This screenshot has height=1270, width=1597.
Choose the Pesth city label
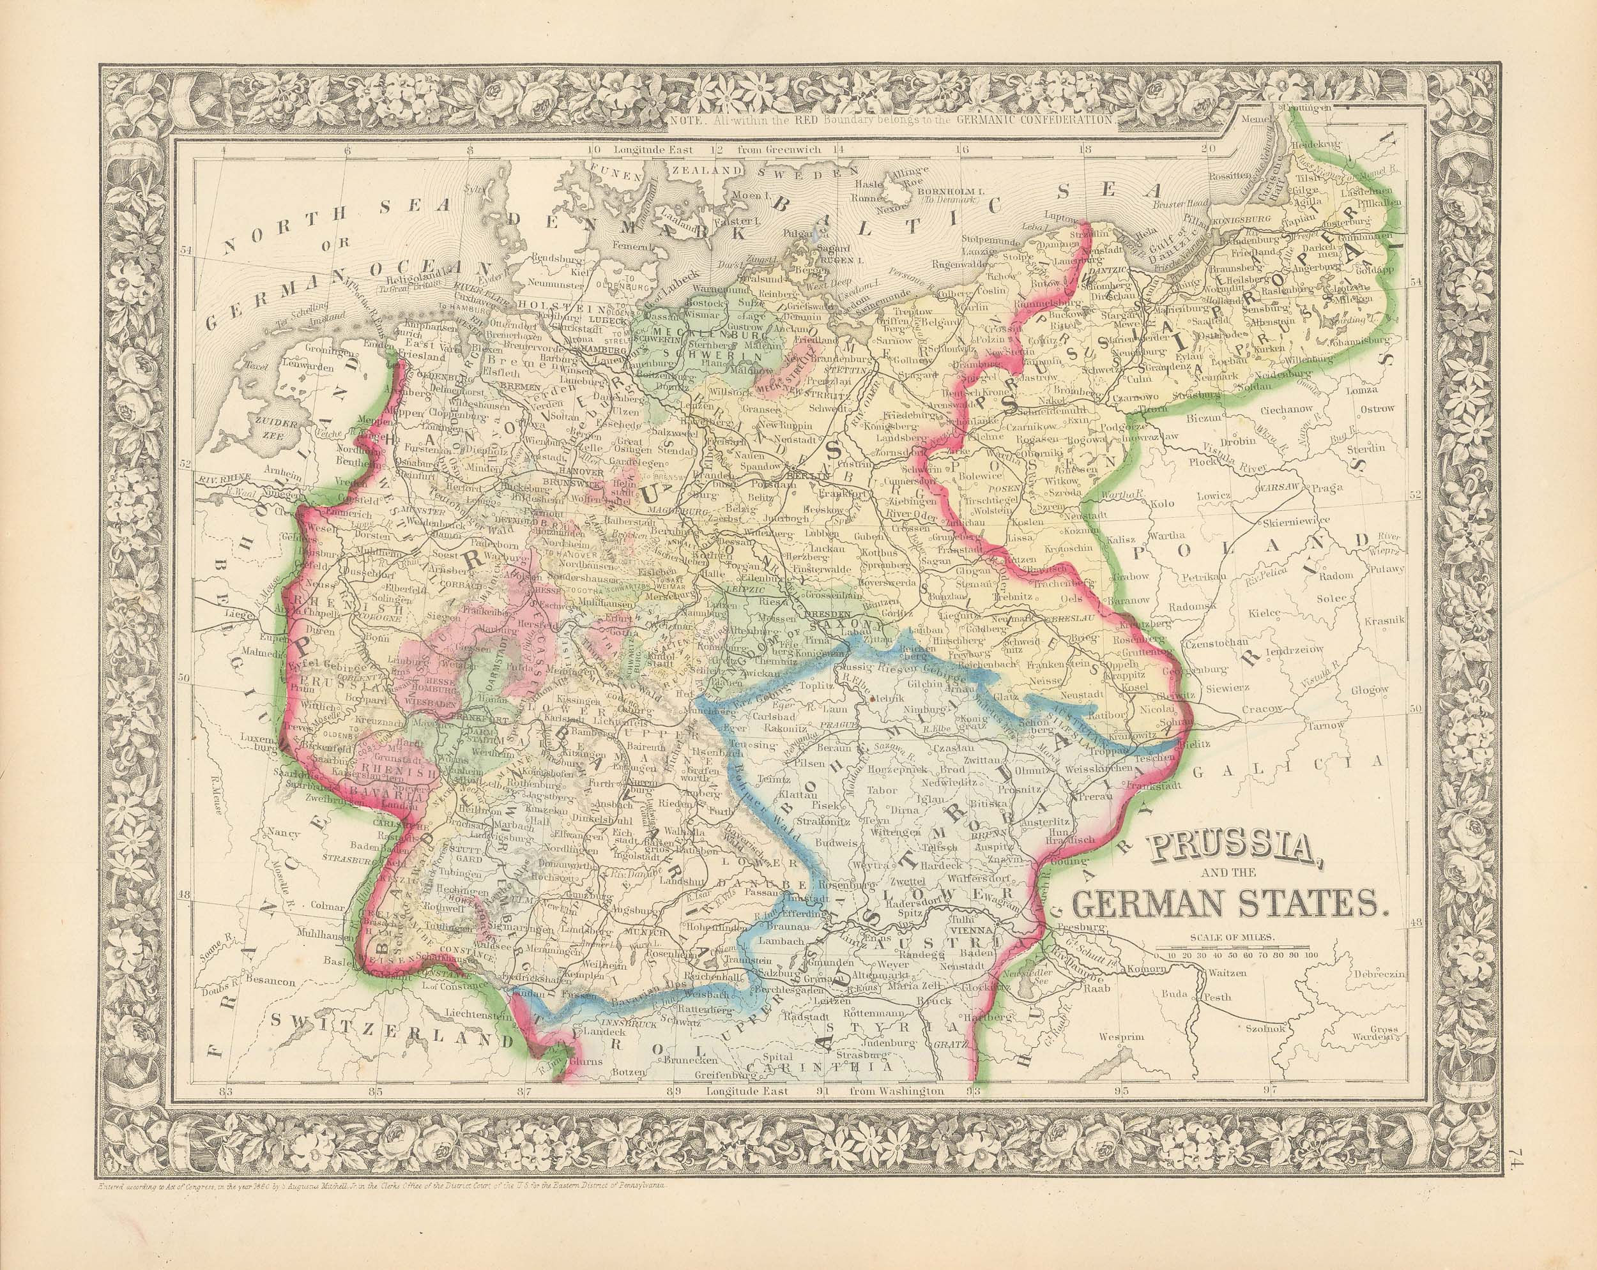(x=1217, y=997)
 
